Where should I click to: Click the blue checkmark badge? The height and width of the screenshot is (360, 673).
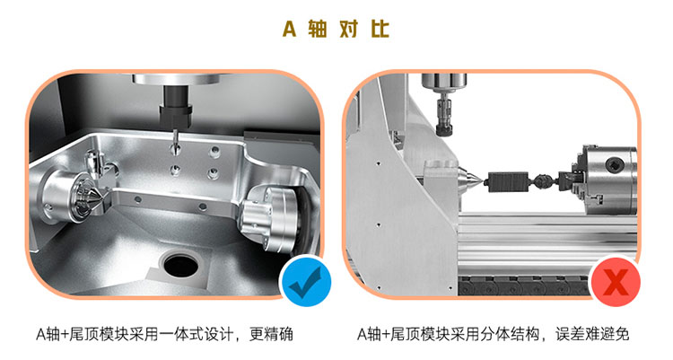[x=307, y=282]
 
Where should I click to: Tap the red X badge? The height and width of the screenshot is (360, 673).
[x=616, y=282]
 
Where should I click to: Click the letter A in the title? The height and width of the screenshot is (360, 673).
[x=289, y=30]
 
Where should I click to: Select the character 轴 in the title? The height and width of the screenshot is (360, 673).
[x=317, y=30]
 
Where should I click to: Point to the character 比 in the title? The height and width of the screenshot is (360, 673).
[x=380, y=30]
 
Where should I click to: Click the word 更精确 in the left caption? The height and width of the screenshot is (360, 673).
[x=271, y=334]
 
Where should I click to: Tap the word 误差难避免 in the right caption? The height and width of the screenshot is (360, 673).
[x=592, y=334]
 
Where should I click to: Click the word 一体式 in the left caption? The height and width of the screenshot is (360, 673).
[x=180, y=334]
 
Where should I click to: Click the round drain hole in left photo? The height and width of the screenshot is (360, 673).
[x=181, y=265]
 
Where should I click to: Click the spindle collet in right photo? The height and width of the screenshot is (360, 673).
[x=444, y=119]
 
